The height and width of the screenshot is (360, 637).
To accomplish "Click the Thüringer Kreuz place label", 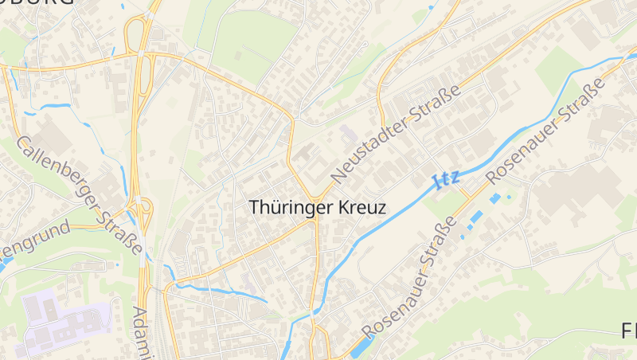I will click(x=318, y=207).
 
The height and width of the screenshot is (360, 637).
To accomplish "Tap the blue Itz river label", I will click(x=447, y=179).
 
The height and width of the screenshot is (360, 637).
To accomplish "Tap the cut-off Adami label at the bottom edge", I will click(x=141, y=333).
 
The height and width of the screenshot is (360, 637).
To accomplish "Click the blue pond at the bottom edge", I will click(x=359, y=346).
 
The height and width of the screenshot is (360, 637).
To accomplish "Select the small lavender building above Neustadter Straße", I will click(x=348, y=131).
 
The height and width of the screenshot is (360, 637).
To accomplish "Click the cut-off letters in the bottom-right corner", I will click(x=628, y=331).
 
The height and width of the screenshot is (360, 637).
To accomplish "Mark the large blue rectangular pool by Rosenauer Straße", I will click(x=476, y=216).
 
